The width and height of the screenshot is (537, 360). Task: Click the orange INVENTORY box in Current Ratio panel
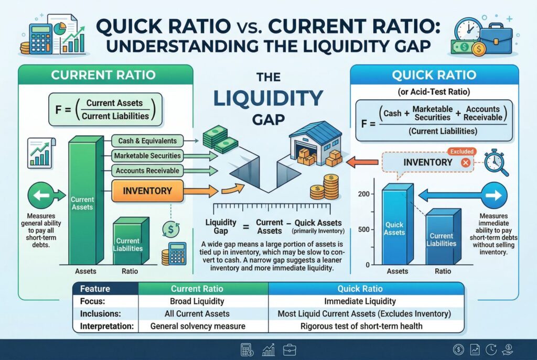coord(147,190)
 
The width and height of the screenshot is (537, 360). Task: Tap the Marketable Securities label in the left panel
coord(147,156)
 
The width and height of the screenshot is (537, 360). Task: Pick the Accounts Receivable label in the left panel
coord(147,170)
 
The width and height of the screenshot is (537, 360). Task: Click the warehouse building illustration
coord(313,144)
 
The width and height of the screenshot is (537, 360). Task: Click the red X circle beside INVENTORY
coord(464,162)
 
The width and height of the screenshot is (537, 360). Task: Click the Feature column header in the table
coord(95,289)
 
